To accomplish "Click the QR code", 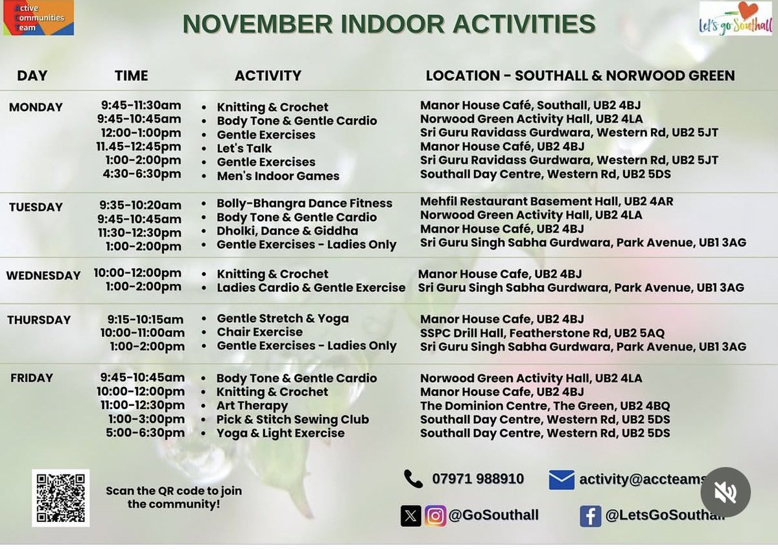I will (x=60, y=498).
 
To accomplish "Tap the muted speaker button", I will (x=725, y=492).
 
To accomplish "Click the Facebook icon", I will (x=590, y=516).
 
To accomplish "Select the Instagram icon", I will (x=435, y=516).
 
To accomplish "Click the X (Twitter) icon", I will (x=410, y=516).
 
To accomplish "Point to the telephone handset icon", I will (x=413, y=479).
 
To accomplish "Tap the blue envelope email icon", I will (x=561, y=480).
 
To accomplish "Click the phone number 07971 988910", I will (x=478, y=479).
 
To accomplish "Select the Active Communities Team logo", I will (x=37, y=18).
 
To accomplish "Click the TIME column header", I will (x=131, y=76).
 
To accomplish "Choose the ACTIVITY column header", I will (x=268, y=76).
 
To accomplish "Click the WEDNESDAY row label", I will (x=43, y=275).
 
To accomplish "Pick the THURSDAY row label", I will (x=39, y=320).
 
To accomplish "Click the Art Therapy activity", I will (x=252, y=406).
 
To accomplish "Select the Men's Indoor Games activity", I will (x=277, y=176).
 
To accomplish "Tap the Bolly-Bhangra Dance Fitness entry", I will (x=304, y=204).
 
